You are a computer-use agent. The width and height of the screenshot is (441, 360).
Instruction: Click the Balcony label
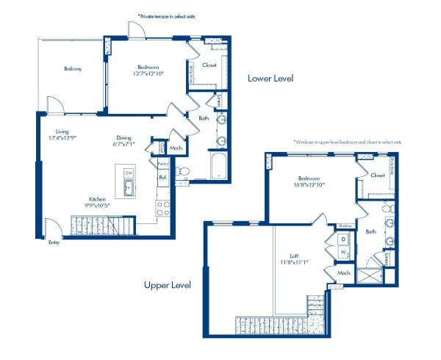(x=72, y=69)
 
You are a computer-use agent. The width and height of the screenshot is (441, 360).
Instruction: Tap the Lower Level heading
(x=270, y=78)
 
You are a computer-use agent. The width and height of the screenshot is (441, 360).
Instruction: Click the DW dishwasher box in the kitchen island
(x=129, y=173)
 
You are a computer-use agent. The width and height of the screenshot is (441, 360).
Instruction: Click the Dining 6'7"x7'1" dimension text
(x=123, y=141)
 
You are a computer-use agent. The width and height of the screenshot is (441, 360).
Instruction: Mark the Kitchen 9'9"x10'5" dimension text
(x=98, y=202)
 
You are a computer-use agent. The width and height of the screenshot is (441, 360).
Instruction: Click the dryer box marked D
(x=343, y=240)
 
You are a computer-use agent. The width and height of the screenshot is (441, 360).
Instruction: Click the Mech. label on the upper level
(x=342, y=272)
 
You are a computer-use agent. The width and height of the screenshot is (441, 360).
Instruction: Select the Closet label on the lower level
(x=209, y=65)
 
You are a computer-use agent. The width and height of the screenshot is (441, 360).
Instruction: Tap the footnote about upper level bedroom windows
(x=347, y=141)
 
